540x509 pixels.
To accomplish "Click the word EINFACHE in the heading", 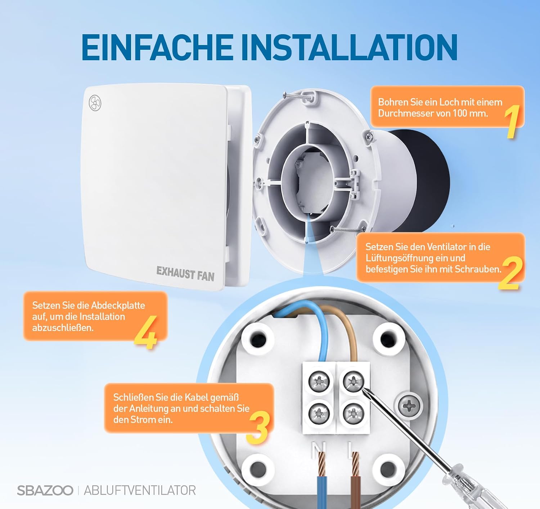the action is click(157, 47).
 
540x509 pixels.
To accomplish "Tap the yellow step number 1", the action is click(512, 122).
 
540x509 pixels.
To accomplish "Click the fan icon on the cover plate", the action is click(95, 103).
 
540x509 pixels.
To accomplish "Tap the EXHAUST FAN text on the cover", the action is click(185, 274).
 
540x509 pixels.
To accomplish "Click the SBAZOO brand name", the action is click(45, 490).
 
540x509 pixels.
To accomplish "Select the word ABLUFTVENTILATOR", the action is click(140, 490).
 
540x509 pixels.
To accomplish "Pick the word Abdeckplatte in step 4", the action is click(118, 305).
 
